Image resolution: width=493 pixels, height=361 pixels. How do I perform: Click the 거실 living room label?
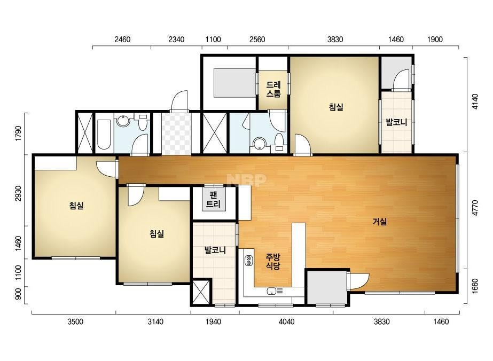(379, 222)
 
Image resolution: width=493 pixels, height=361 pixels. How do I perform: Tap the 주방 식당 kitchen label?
(273, 262)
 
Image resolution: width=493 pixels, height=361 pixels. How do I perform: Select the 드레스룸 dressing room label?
(273, 89)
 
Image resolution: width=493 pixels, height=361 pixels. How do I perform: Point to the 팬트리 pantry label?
(214, 199)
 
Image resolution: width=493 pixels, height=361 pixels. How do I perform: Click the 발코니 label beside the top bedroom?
(396, 122)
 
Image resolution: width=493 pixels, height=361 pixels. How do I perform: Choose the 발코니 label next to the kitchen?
(215, 250)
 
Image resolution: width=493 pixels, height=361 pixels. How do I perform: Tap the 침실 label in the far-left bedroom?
(76, 206)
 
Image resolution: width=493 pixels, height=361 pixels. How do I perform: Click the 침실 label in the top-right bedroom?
(336, 107)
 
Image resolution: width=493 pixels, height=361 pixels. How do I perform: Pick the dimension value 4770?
(475, 208)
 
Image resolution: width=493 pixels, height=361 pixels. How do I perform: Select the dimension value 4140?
(475, 101)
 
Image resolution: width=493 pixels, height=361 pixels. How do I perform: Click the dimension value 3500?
(75, 321)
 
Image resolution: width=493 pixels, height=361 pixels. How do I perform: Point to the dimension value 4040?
(287, 321)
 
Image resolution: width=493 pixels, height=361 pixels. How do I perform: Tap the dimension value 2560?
(257, 40)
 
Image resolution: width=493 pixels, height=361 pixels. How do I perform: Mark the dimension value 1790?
(18, 134)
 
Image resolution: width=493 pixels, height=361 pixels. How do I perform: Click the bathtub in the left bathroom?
(104, 135)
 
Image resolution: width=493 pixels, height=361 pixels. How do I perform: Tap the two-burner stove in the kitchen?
(249, 261)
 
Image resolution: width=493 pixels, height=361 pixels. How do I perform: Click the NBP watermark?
(247, 180)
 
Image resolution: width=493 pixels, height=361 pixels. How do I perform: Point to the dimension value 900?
(18, 294)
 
